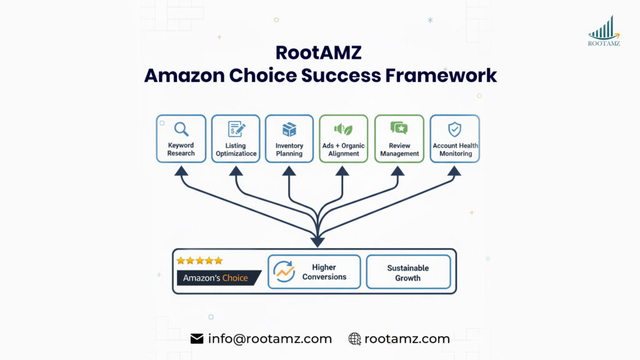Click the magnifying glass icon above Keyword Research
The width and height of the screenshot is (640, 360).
[181, 129]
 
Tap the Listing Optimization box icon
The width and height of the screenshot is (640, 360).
[236, 129]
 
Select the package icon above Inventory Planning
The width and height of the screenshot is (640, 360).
[289, 129]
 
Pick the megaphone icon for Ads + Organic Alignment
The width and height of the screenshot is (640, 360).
[343, 129]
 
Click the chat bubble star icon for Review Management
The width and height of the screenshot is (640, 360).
[399, 129]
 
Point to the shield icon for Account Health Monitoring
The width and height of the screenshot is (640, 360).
[455, 129]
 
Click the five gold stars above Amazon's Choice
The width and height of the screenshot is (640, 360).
[199, 261]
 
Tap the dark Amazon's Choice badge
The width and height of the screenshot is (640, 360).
[217, 277]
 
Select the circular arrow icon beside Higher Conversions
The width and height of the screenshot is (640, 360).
[284, 272]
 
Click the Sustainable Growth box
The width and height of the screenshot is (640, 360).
[408, 272]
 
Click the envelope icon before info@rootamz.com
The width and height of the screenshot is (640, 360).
[197, 339]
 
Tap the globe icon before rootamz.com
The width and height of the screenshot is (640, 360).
[354, 339]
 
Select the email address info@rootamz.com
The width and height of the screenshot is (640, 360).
[269, 339]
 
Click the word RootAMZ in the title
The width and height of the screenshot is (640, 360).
[319, 53]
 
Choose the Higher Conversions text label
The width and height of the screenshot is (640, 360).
[324, 272]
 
